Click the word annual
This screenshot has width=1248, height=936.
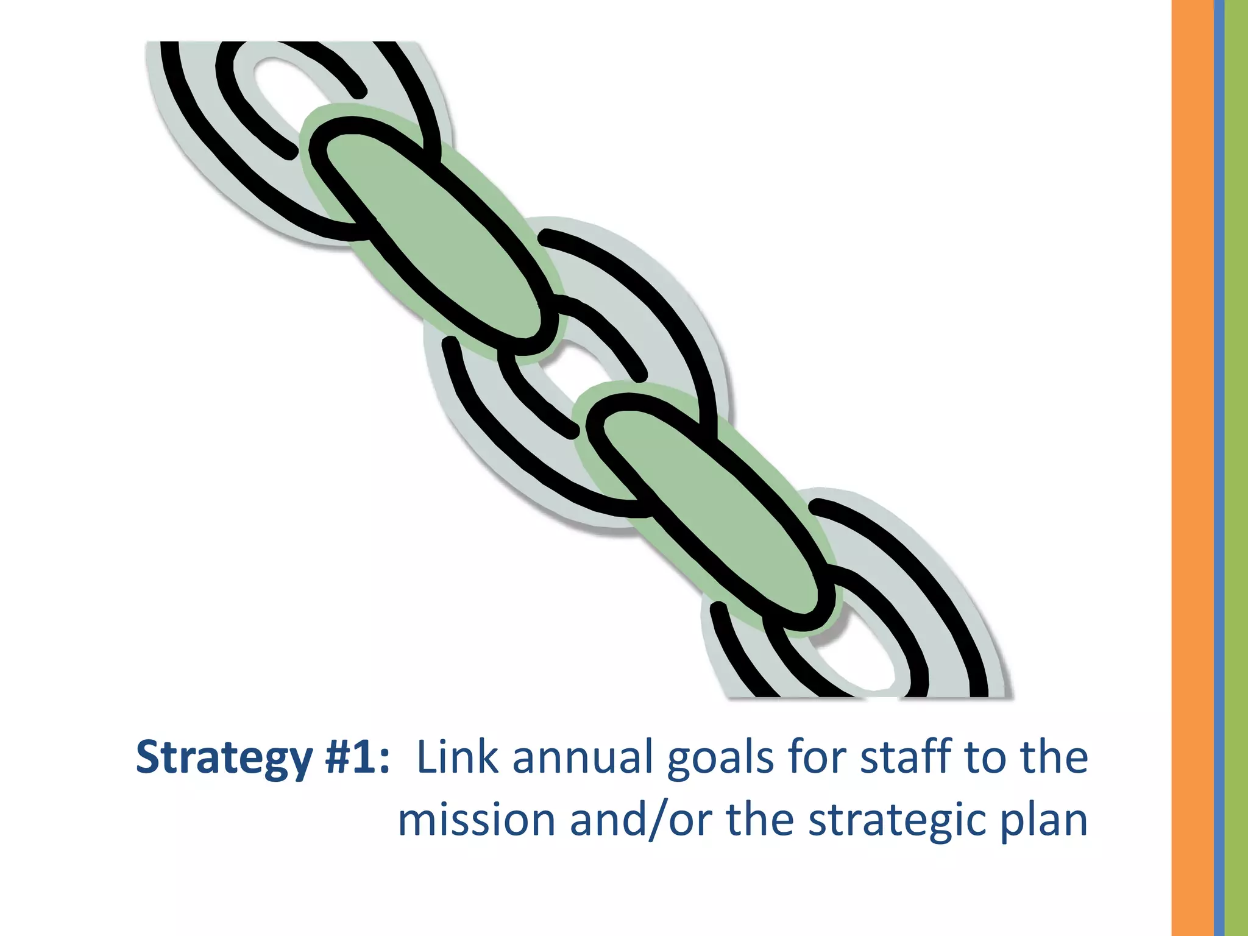click(x=583, y=757)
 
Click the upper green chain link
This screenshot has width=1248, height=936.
click(x=427, y=232)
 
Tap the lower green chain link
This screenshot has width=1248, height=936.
click(x=707, y=512)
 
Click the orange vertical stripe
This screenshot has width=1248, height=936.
click(x=1192, y=468)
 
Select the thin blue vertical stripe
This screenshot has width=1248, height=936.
click(x=1219, y=468)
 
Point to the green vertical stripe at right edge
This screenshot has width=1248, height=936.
click(x=1236, y=468)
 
